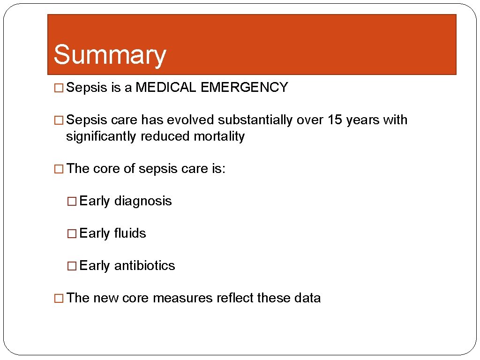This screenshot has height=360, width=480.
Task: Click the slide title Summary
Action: pyautogui.click(x=110, y=55)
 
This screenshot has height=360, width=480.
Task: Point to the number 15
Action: pyautogui.click(x=335, y=120)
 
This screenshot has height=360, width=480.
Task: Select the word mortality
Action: pyautogui.click(x=220, y=137)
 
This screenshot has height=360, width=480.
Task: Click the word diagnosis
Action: pyautogui.click(x=143, y=201)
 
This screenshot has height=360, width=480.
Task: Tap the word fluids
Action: pyautogui.click(x=130, y=233)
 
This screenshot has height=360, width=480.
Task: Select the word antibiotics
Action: pyautogui.click(x=144, y=266)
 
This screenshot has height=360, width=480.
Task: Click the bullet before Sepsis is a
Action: pyautogui.click(x=59, y=88)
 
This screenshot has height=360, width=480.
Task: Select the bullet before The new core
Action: pyautogui.click(x=59, y=299)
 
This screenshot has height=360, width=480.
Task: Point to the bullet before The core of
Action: pyautogui.click(x=59, y=169)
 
